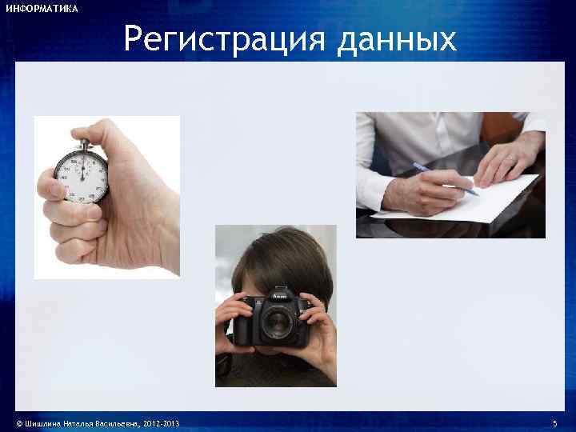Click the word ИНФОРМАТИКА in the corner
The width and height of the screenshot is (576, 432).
coord(42,9)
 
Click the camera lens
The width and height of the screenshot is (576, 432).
coord(278,323)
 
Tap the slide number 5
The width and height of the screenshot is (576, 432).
coord(555,422)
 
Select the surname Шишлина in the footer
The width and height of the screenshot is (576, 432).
coord(43,422)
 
